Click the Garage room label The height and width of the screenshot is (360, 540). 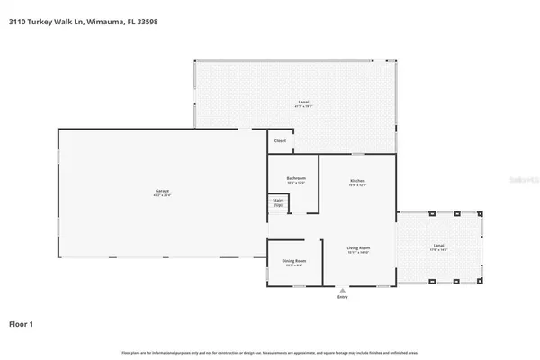point(162,190)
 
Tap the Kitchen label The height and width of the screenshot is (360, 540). point(357,181)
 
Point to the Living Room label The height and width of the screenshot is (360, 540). point(359,247)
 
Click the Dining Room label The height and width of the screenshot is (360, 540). point(294,262)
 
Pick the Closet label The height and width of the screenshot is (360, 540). point(280,141)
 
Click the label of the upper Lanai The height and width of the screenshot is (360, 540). point(304,103)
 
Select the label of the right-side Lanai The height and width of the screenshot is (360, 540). point(438,246)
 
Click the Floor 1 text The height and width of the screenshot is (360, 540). point(22,322)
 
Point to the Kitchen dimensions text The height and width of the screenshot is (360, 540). point(357,185)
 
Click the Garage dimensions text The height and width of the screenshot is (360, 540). point(162,194)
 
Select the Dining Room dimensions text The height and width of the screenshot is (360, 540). point(294,266)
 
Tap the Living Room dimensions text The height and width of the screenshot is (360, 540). point(359,251)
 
